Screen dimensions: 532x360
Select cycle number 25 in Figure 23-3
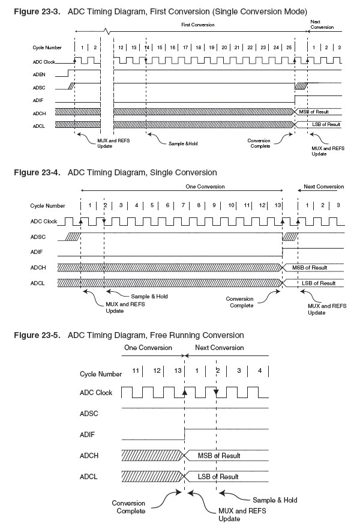pyautogui.click(x=289, y=46)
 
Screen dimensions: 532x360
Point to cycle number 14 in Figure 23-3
pyautogui.click(x=146, y=46)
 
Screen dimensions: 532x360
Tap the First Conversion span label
pyautogui.click(x=197, y=25)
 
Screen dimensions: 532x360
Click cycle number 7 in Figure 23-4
pyautogui.click(x=183, y=206)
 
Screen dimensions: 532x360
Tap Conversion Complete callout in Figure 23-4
pyautogui.click(x=243, y=301)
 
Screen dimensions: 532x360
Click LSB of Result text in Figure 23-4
pyautogui.click(x=319, y=282)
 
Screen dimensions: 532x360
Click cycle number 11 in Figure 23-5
pyautogui.click(x=136, y=371)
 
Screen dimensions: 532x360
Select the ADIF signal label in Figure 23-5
pyautogui.click(x=89, y=435)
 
